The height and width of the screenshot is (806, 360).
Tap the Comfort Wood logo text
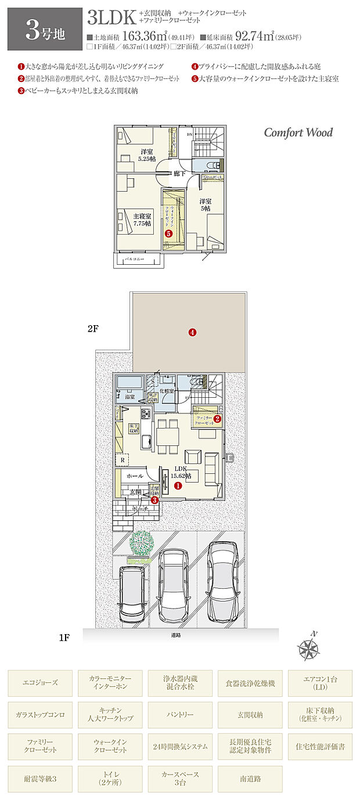298,132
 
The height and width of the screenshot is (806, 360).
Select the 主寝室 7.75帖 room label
141,219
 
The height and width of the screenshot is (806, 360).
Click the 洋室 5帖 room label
206,204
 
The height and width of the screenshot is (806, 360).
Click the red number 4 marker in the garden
192,333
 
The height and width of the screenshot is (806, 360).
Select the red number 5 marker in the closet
168,233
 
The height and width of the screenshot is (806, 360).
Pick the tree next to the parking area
141,544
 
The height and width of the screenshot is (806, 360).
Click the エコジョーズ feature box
41,683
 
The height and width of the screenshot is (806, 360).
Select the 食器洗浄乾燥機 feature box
250,683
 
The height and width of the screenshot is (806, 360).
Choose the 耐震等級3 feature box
41,779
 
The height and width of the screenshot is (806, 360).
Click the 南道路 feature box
250,779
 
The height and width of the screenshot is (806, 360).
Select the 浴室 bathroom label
130,396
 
